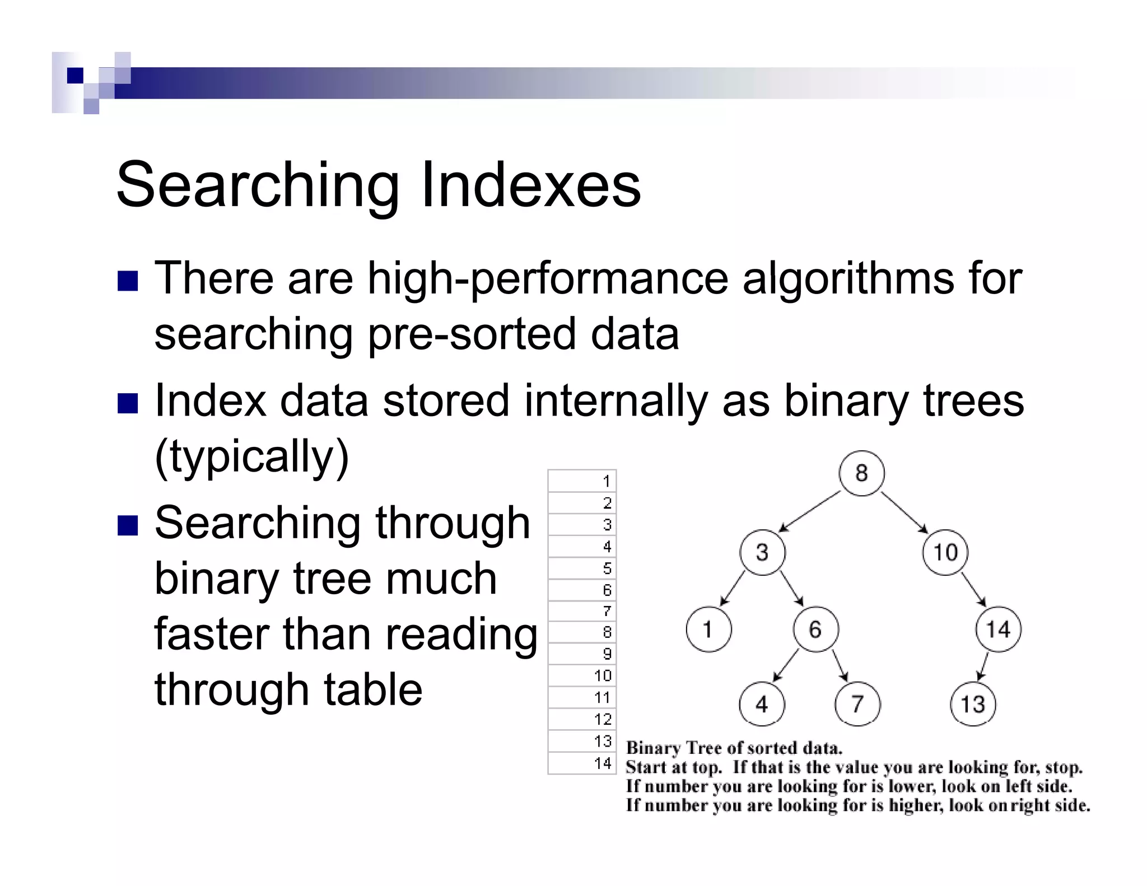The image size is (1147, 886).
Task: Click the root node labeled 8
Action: coord(861,473)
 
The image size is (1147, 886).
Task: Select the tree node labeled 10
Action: coord(945,552)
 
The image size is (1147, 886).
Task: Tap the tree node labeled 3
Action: coord(762,552)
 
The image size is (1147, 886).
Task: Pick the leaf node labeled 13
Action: coord(973,704)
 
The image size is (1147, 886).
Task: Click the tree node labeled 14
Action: coord(998,629)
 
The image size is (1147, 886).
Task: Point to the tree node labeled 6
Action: coord(815,629)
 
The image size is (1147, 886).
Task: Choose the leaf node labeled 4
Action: coord(762,704)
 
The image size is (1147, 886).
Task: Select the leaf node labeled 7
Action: coord(857,704)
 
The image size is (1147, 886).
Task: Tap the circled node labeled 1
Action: coord(708,629)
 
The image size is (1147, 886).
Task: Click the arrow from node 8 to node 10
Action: coord(904,512)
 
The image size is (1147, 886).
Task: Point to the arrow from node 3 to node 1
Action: coord(733,588)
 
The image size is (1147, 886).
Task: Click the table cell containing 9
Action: coord(582,654)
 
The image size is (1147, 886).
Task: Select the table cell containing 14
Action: coord(582,763)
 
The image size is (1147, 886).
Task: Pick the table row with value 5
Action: coord(582,568)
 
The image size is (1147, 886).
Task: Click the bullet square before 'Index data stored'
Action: coord(128,403)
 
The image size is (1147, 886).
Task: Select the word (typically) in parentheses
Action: coord(251,456)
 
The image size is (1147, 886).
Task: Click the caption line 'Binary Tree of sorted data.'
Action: coord(734,748)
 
